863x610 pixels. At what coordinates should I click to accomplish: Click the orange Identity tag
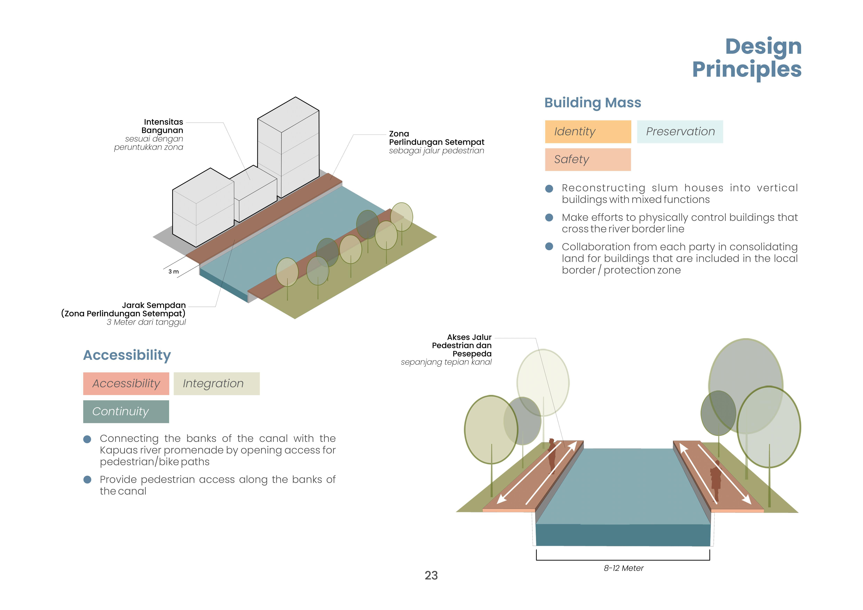click(x=588, y=131)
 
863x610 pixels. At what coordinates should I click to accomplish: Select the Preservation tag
click(x=680, y=131)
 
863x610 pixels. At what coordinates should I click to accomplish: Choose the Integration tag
click(x=217, y=383)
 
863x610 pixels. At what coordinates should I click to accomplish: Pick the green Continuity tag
click(x=126, y=412)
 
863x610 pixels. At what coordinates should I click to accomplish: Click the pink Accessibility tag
click(x=126, y=383)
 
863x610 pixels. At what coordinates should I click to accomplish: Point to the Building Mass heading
click(x=593, y=103)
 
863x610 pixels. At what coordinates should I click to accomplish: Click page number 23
click(x=431, y=575)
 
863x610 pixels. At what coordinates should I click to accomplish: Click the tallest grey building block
click(x=288, y=146)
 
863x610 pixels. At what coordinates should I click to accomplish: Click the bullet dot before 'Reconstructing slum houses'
click(x=549, y=188)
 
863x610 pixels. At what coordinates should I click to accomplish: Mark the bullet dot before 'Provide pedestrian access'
click(x=87, y=480)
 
